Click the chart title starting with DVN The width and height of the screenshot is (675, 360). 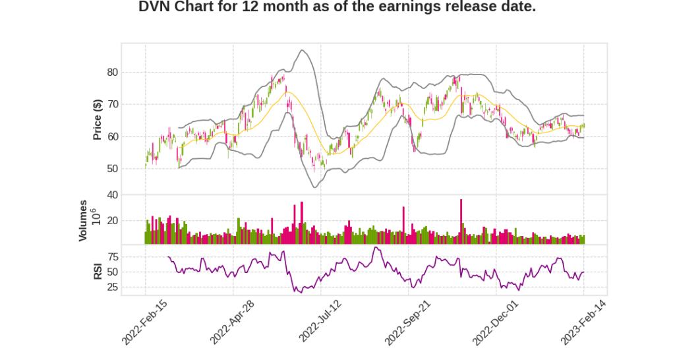pos(337,8)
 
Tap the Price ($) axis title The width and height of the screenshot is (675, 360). pos(98,119)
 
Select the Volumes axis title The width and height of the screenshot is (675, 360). pos(84,220)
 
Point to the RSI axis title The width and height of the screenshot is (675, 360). pos(98,271)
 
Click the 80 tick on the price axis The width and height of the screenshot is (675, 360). pos(112,73)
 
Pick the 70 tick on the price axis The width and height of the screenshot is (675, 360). pos(112,104)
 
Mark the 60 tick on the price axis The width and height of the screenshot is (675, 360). pos(112,136)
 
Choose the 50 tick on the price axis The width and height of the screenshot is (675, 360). pos(112,169)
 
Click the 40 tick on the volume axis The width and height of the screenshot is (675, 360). pos(112,195)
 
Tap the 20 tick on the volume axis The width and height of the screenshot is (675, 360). pos(112,220)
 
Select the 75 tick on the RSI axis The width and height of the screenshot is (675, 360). pos(112,256)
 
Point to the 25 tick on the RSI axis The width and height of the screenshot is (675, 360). pos(112,287)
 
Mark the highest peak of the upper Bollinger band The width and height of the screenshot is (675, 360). pos(302,50)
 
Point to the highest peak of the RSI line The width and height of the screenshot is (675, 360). pos(375,247)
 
